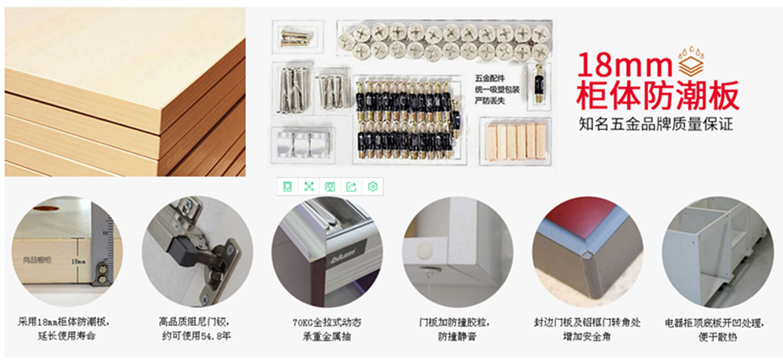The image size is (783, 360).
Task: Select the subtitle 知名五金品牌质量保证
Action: pos(654,125)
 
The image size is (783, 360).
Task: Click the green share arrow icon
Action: pos(351,186)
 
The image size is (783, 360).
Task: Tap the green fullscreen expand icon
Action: pos(308,186)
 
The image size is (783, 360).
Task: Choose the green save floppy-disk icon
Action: pos(329,186)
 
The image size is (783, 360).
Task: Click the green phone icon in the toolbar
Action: pos(288,186)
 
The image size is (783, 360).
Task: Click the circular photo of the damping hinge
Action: pos(197,251)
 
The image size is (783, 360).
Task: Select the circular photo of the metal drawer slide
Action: pos(326,251)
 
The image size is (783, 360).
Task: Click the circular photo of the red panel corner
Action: pos(587,251)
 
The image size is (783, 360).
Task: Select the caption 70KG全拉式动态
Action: pos(326,323)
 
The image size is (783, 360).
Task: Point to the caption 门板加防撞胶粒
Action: pos(457,323)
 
